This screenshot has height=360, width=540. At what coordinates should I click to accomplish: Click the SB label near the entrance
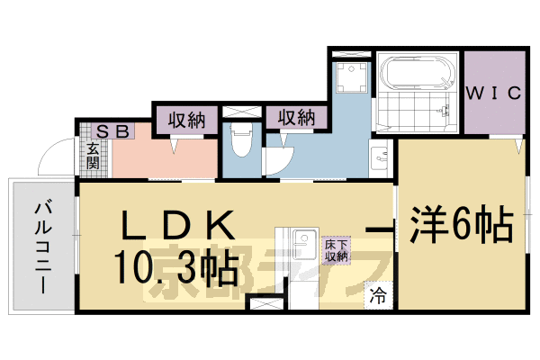pos(112,131)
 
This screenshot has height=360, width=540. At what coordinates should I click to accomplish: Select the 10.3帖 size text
pos(175,266)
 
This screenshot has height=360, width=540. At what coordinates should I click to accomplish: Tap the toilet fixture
pos(240,140)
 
